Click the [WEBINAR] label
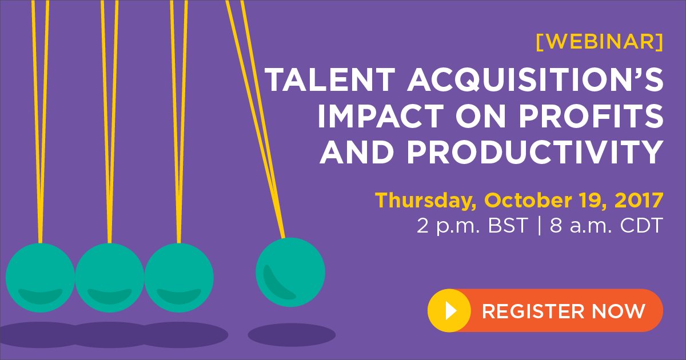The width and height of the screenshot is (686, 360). [600, 42]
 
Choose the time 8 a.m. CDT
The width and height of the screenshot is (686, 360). [606, 226]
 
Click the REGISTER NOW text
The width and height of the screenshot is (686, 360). [564, 311]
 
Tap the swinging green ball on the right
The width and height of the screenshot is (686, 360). [290, 273]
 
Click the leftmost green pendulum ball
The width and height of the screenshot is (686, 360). [40, 278]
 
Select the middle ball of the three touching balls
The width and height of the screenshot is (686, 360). [110, 278]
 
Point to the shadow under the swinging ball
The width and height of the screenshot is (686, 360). [292, 334]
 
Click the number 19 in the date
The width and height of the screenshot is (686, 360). [590, 201]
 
